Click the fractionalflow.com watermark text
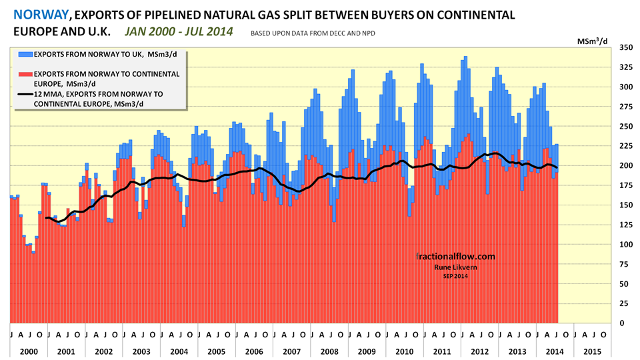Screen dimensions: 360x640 tap(455, 256)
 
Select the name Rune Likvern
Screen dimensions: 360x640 tap(456, 267)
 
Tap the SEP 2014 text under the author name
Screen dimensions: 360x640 tap(456, 277)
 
